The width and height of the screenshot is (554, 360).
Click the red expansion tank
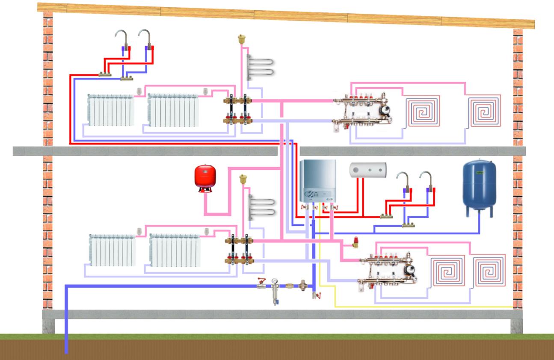coord(205,177)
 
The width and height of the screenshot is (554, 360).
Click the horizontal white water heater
coord(368,170)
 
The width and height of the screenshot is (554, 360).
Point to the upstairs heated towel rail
coord(259,65)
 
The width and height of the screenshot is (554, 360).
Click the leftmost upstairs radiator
coord(111,110)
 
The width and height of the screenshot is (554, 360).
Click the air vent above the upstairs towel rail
coord(242,40)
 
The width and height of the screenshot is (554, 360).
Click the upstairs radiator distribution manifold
coord(239,110)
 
